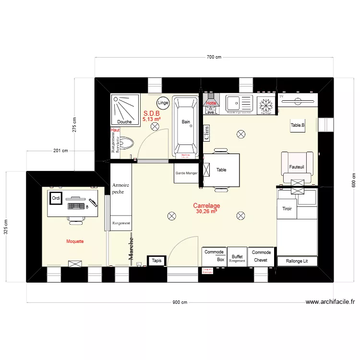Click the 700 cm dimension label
214,58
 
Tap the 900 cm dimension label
180,302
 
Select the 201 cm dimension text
60,151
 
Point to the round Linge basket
163,103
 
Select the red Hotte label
211,103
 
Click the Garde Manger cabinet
186,173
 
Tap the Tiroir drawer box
287,209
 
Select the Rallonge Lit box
297,261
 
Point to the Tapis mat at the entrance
156,261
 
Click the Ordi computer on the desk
56,198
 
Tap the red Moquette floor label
75,241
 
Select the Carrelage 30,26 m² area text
206,208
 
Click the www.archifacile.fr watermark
330,302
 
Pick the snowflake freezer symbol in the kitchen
264,105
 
